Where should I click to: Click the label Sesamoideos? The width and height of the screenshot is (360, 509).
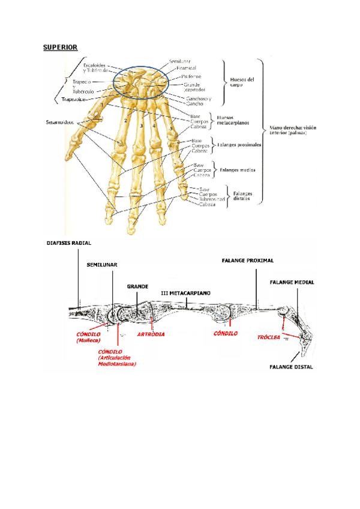61,122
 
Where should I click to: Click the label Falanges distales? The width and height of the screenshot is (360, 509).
243,196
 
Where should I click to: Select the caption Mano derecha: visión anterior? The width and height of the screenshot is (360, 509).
293,130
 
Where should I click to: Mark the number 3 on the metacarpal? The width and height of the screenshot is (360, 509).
140,125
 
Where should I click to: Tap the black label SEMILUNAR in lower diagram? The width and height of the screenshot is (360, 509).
102,264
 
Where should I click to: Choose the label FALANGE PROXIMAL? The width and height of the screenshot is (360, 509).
248,261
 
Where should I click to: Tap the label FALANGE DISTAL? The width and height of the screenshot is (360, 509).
291,367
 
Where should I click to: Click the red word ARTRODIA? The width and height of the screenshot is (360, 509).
151,333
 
